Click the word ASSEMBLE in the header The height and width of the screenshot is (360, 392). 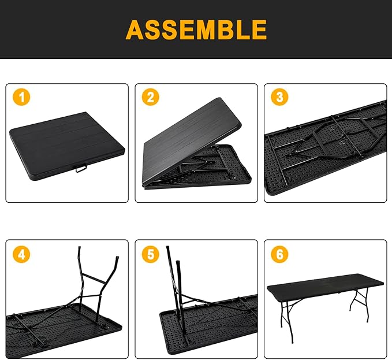pyautogui.click(x=196, y=29)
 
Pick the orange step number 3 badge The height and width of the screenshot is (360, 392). pyautogui.click(x=280, y=98)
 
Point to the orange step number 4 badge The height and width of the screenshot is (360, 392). pyautogui.click(x=21, y=253)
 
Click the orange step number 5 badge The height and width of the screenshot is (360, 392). pyautogui.click(x=151, y=253)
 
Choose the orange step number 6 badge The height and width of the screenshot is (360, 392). pyautogui.click(x=280, y=253)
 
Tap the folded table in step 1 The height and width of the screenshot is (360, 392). pyautogui.click(x=64, y=142)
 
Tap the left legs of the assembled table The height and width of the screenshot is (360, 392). pyautogui.click(x=286, y=321)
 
